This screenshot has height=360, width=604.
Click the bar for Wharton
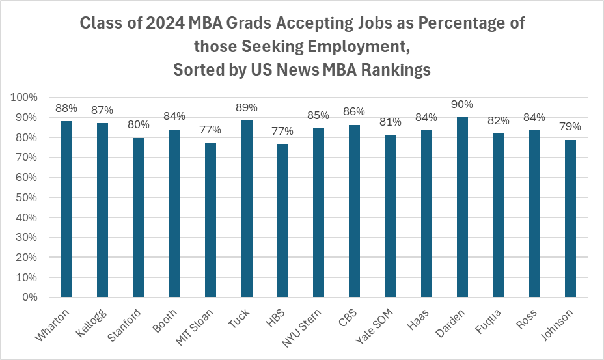click(x=66, y=209)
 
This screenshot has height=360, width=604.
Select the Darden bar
click(x=462, y=207)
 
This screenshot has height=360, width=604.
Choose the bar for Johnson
click(x=570, y=218)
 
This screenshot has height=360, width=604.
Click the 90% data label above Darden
click(x=462, y=104)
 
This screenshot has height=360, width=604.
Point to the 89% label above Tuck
click(x=247, y=107)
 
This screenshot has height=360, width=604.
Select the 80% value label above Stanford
click(x=139, y=124)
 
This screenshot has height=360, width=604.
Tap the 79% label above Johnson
click(x=570, y=126)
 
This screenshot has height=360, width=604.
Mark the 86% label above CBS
click(x=355, y=112)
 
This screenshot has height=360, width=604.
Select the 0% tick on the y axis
click(x=29, y=298)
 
